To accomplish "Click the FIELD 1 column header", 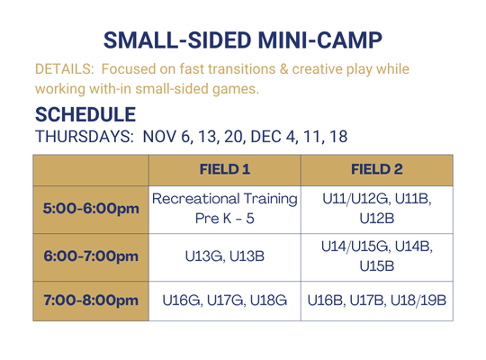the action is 224,169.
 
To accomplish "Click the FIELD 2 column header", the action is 377,169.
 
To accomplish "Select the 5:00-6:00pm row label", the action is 91,209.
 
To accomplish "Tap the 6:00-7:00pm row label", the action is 91,257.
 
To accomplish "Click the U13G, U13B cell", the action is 224,257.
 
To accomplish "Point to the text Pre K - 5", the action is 224,218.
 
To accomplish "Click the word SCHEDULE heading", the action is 85,115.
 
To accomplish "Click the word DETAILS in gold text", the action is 65,69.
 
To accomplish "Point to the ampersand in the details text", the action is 284,69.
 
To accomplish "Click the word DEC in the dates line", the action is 265,137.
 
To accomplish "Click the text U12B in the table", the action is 377,218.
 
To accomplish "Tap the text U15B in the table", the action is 377,266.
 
